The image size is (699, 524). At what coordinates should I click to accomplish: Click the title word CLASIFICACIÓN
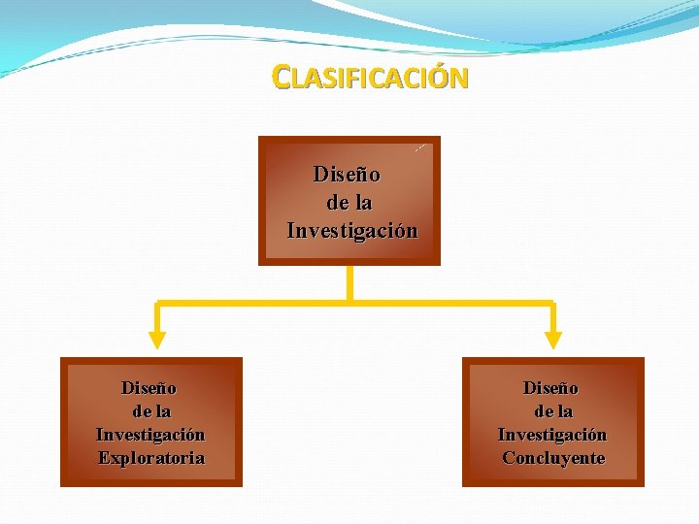(x=371, y=78)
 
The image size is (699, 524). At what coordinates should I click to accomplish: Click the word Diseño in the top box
(x=347, y=175)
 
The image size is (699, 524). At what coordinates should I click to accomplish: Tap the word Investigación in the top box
(x=352, y=231)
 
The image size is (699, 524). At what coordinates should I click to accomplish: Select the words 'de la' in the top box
(x=349, y=203)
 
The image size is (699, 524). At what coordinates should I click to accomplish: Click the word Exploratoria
(x=151, y=458)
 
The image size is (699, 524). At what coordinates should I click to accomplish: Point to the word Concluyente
(x=553, y=458)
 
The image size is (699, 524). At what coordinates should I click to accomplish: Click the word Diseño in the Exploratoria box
(x=149, y=388)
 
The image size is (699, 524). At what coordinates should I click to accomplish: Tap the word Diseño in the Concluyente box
(x=550, y=388)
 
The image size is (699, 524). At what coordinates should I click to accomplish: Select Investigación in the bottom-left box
(x=150, y=435)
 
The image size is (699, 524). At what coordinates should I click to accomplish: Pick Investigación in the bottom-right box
(x=552, y=435)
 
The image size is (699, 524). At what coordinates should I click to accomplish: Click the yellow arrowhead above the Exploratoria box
(x=157, y=339)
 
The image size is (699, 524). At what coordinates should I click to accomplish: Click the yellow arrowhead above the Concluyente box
(x=552, y=339)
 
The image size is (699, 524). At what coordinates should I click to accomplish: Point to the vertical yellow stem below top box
(x=349, y=282)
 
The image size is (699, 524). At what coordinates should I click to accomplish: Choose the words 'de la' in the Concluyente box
(x=553, y=411)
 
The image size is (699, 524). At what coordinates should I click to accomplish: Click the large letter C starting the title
(x=281, y=77)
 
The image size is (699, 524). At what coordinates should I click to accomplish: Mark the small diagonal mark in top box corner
(x=420, y=147)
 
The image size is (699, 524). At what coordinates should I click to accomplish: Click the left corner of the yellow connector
(x=158, y=305)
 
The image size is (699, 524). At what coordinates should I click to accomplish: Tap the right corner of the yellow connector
(x=552, y=305)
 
